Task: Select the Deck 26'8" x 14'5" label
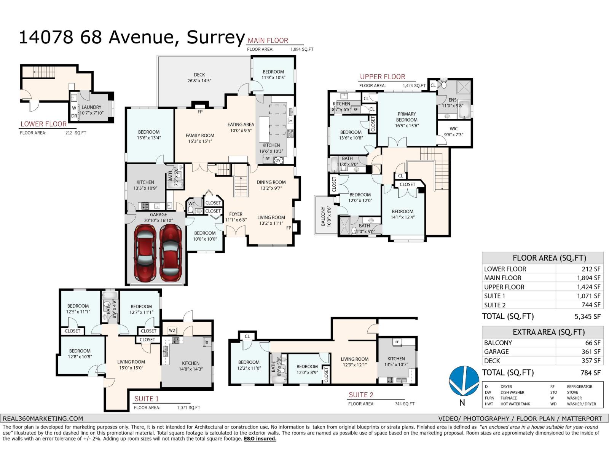coord(199,78)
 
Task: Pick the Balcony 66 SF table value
coord(593,343)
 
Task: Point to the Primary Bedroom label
coord(407,120)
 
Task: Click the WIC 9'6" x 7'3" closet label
coord(453,131)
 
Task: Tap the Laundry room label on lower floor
coord(91,110)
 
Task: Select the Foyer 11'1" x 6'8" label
coord(236,217)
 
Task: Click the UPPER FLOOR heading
coord(383,77)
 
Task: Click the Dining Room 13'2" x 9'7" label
coord(271,185)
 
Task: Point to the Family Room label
coord(200,138)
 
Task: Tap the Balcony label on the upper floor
coord(325,216)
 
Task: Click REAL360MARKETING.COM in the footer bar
coord(43,418)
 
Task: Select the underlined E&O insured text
coord(260,439)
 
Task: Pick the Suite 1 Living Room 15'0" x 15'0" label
coord(131,365)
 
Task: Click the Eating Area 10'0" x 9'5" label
coord(241,127)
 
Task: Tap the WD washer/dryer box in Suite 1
coord(172,330)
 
